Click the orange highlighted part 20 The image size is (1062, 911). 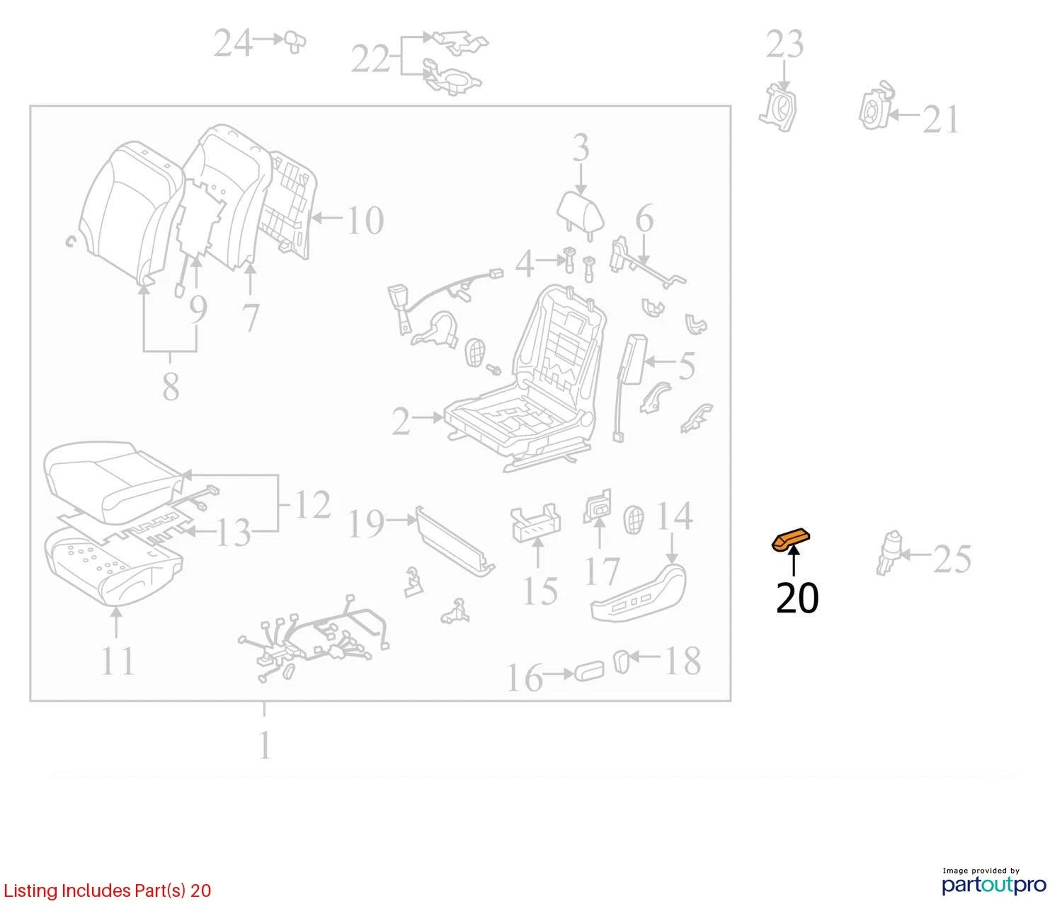[x=791, y=540]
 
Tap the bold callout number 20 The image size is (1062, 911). [x=797, y=598]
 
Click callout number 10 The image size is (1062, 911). [x=365, y=221]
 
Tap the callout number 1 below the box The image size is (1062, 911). [x=265, y=745]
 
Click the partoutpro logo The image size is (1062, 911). [x=993, y=884]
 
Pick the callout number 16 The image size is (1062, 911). [x=525, y=678]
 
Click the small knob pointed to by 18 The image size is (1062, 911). [x=621, y=661]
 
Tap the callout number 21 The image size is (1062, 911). [x=940, y=120]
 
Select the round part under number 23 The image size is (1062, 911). [x=779, y=108]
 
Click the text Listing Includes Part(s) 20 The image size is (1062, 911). [x=108, y=890]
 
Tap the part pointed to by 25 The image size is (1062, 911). [x=889, y=553]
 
